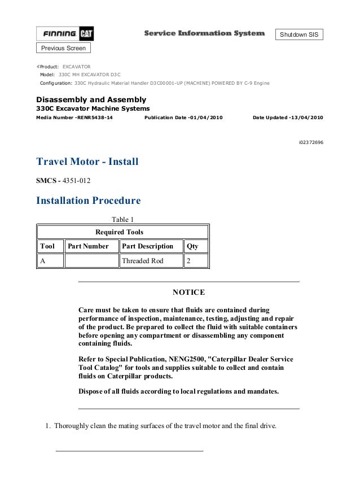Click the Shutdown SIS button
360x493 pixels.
pos(299,35)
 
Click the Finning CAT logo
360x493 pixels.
pos(65,34)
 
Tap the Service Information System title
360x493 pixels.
pos(204,33)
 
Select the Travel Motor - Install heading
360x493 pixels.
pos(87,162)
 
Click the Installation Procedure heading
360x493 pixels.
pos(88,200)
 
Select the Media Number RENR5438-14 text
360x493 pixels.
pos(74,117)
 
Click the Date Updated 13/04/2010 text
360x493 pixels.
pos(288,117)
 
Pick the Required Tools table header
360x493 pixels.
pos(120,232)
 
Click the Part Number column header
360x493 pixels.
pos(88,246)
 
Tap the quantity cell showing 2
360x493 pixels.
pos(188,261)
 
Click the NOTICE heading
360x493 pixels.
pos(188,293)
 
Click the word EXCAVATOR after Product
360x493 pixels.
pos(76,67)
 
